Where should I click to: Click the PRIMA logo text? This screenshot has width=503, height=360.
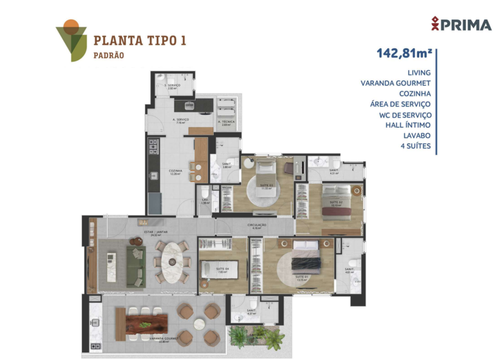[466, 25]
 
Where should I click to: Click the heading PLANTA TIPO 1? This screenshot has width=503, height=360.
[140, 40]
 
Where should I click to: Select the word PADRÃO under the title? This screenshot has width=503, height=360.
[109, 55]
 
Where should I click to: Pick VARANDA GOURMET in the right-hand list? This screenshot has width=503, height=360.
[395, 83]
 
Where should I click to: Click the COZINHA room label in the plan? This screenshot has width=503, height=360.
[176, 171]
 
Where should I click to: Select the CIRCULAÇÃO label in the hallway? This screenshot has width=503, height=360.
[257, 225]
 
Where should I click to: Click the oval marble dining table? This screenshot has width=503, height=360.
[172, 260]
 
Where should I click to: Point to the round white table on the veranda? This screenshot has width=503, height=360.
[199, 323]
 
